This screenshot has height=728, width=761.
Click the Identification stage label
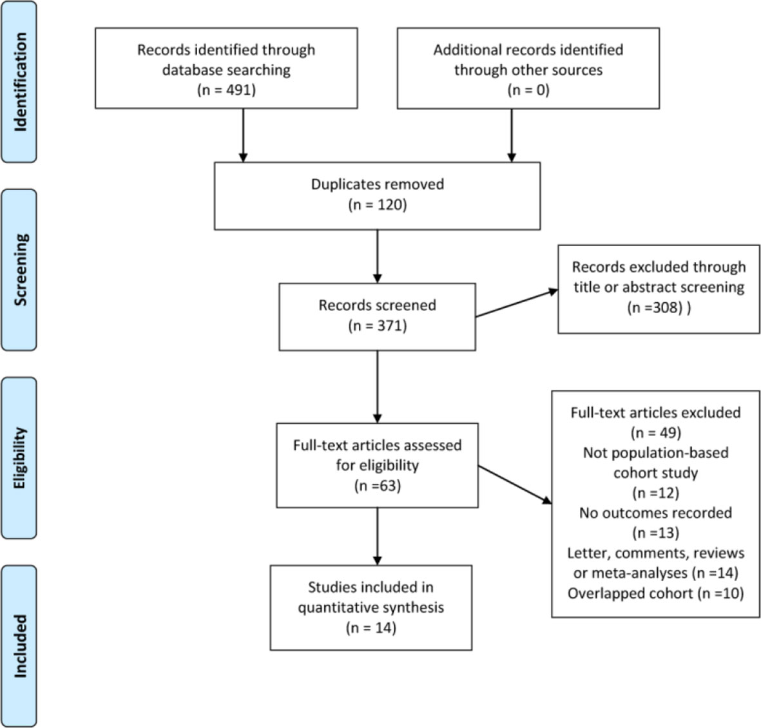(x=19, y=82)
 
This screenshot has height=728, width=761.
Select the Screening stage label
(x=19, y=270)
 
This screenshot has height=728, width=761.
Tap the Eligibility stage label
(x=19, y=457)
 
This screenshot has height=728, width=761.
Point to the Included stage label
(x=19, y=646)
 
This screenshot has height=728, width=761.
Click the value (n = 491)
(x=226, y=90)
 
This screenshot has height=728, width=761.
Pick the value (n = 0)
(x=528, y=90)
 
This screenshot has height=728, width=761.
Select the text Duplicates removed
(x=377, y=184)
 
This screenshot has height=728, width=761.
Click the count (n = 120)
(x=377, y=205)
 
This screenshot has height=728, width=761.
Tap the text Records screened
(x=377, y=305)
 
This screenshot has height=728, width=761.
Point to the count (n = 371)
(x=377, y=325)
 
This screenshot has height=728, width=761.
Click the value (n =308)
(x=655, y=308)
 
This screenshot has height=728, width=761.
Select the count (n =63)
(x=377, y=486)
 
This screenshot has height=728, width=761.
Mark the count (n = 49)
(x=656, y=432)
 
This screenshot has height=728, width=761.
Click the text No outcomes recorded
(x=656, y=513)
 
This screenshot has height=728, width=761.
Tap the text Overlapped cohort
(x=630, y=593)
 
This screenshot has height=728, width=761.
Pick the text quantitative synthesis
(x=371, y=608)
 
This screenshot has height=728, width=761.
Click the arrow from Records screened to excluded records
(x=517, y=303)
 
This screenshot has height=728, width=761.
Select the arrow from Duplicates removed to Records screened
(x=377, y=256)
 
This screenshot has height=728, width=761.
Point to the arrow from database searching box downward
(x=243, y=135)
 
